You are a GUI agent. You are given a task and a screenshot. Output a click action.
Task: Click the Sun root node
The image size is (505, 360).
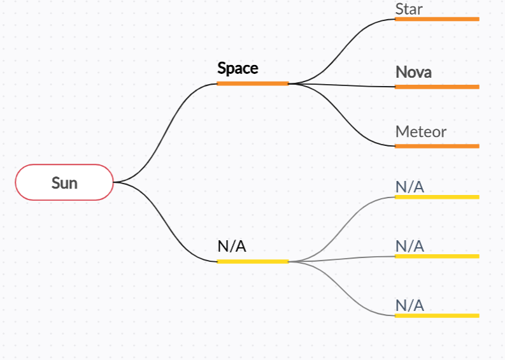pyautogui.click(x=64, y=183)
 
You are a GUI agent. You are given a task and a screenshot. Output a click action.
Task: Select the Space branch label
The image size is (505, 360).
pyautogui.click(x=238, y=68)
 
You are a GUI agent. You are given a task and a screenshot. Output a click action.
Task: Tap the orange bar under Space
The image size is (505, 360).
pyautogui.click(x=252, y=83)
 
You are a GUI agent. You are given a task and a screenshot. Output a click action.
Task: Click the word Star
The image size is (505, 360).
pyautogui.click(x=409, y=9)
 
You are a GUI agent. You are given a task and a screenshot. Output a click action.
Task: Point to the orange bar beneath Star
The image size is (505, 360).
pyautogui.click(x=437, y=19)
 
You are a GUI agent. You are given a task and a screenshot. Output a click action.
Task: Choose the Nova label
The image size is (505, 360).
pyautogui.click(x=413, y=72)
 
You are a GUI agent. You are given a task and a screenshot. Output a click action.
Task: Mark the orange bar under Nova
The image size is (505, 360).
pyautogui.click(x=437, y=87)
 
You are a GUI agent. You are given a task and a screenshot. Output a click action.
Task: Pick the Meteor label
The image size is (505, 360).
pyautogui.click(x=420, y=132)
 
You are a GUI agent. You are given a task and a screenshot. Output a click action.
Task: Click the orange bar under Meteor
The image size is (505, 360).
pyautogui.click(x=437, y=146)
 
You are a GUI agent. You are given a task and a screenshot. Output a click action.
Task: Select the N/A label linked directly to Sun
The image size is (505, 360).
pyautogui.click(x=232, y=247)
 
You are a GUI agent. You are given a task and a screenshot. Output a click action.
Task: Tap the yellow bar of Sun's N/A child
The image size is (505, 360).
pyautogui.click(x=252, y=261)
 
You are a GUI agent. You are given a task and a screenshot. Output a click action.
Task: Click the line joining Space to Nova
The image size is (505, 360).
pyautogui.click(x=344, y=85)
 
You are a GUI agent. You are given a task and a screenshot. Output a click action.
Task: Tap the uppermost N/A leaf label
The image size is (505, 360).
pyautogui.click(x=409, y=187)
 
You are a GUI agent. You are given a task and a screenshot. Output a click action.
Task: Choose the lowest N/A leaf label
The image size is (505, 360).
pyautogui.click(x=409, y=306)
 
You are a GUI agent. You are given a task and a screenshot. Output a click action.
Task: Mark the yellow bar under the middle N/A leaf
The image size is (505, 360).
pyautogui.click(x=437, y=256)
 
